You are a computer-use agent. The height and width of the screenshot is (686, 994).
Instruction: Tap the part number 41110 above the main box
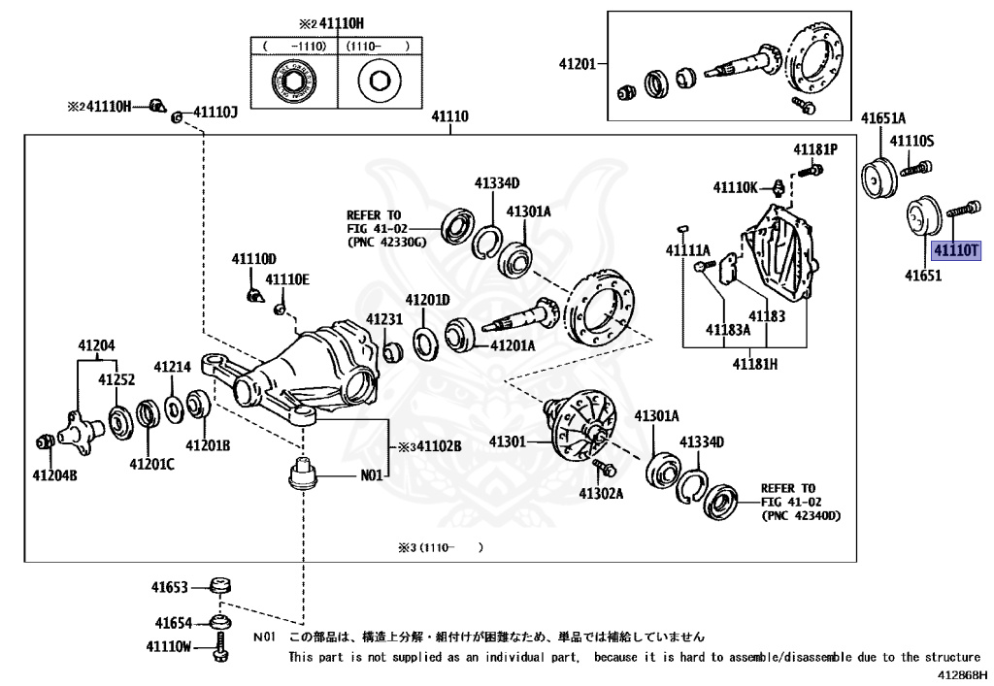[x=449, y=117]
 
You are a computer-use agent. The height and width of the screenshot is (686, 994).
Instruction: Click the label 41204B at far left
[x=54, y=475]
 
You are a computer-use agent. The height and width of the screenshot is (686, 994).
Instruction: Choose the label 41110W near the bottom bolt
[x=170, y=646]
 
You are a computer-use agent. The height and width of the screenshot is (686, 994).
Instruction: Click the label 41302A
[x=601, y=493]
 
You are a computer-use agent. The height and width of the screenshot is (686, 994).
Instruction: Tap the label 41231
[x=384, y=319]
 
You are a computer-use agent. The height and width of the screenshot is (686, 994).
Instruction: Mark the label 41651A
[x=883, y=118]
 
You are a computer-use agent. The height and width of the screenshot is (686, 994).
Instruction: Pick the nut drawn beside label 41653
[x=222, y=586]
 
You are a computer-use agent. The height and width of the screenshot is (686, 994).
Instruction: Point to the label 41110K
[x=735, y=187]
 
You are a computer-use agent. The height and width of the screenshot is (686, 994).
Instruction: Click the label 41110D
[x=253, y=259]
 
